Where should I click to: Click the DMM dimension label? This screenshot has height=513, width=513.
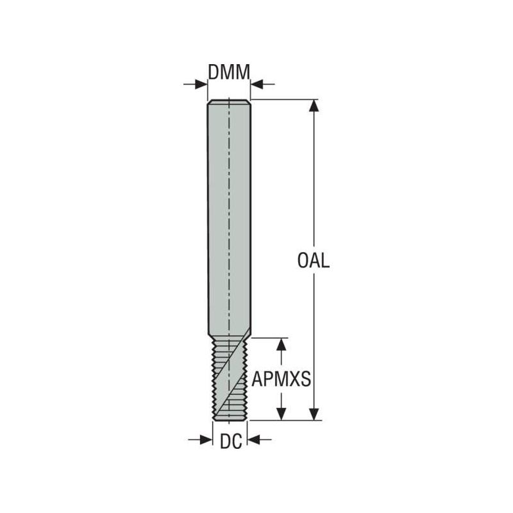click(228, 72)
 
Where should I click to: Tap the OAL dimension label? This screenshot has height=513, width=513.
click(314, 260)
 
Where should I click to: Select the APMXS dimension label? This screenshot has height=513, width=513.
click(281, 380)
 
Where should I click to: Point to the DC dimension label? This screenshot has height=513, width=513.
click(230, 441)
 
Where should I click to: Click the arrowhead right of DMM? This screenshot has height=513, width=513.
click(256, 84)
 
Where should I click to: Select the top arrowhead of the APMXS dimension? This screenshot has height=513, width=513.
click(280, 344)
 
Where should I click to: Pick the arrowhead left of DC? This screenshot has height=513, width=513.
click(206, 439)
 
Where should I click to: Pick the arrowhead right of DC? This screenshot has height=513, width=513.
click(253, 439)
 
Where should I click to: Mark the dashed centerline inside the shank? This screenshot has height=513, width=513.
click(229, 192)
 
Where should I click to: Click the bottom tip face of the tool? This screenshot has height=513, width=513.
click(230, 419)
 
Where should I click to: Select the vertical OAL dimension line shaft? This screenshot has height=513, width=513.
click(314, 192)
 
